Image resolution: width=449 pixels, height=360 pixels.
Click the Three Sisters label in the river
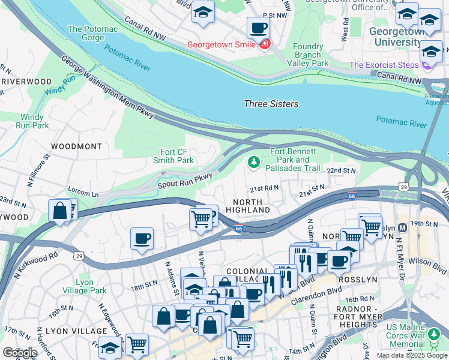click(x=271, y=104)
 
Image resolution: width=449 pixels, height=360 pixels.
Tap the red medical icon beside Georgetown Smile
click(x=265, y=44)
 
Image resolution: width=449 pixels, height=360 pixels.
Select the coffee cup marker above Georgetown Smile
click(x=258, y=27)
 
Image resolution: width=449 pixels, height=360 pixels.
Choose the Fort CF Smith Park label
click(x=176, y=156)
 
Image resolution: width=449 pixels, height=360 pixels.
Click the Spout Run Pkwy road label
click(x=185, y=180)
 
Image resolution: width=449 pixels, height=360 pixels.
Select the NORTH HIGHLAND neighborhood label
click(x=248, y=206)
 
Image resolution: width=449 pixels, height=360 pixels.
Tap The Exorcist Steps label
click(x=385, y=65)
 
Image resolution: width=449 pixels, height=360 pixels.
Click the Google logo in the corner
click(x=19, y=352)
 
